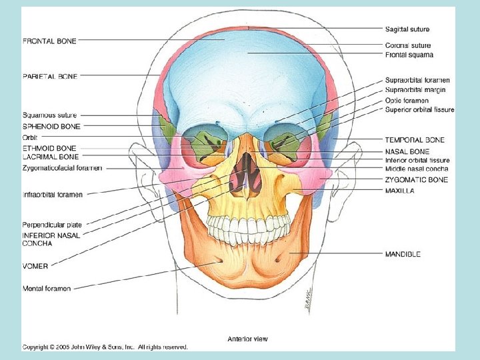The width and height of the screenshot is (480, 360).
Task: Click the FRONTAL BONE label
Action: (x=49, y=41)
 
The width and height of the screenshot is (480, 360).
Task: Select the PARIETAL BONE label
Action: (x=50, y=77)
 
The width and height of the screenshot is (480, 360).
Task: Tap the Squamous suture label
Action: (x=49, y=115)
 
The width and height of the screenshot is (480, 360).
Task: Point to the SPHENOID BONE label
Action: (x=51, y=126)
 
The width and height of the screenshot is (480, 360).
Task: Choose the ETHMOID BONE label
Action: (x=49, y=148)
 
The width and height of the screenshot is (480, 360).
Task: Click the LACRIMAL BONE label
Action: (x=51, y=157)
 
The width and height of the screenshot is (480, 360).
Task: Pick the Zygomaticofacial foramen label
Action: (x=62, y=168)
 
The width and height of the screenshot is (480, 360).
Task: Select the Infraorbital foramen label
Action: (x=53, y=195)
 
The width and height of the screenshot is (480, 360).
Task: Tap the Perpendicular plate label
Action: (x=51, y=225)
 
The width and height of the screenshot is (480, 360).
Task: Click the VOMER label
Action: (x=35, y=266)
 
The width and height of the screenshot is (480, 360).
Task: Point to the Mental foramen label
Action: (x=47, y=289)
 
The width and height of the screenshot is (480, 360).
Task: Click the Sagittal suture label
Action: (x=407, y=29)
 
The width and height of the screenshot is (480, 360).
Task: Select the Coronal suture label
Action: (x=407, y=45)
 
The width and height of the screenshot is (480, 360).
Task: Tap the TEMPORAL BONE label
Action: (x=415, y=140)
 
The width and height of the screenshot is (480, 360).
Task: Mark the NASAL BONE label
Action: (x=407, y=151)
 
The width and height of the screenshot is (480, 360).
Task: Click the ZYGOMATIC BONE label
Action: (x=416, y=180)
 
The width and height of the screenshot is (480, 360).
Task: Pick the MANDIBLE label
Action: (x=403, y=254)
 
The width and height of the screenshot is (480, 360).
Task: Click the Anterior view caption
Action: (x=247, y=339)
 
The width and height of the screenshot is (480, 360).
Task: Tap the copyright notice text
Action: (x=105, y=347)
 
